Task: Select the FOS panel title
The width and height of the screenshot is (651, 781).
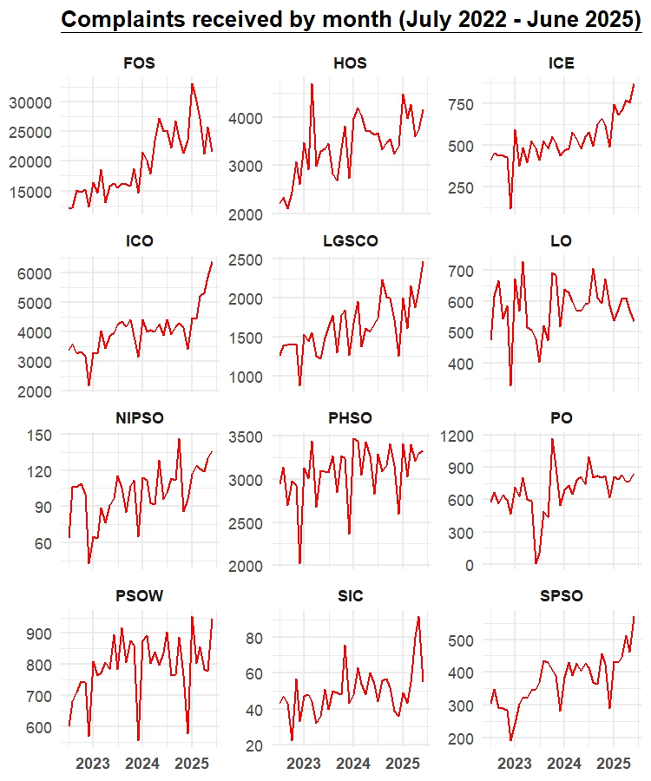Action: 140,63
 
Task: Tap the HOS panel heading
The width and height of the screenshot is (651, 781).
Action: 351,63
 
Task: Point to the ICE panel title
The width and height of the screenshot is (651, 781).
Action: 562,63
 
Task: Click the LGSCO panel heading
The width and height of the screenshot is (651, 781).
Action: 351,241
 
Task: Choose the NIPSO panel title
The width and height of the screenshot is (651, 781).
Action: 140,418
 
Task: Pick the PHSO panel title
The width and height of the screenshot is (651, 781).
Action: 351,418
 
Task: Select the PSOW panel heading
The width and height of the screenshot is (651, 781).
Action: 140,596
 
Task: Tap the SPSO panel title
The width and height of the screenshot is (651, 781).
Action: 562,596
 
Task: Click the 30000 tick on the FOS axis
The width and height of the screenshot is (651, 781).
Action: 31,102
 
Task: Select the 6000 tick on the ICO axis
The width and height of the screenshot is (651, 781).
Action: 36,273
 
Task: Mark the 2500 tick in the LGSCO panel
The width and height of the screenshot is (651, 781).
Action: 247,259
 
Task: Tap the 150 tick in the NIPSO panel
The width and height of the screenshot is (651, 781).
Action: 40,436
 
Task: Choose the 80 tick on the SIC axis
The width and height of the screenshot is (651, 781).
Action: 255,638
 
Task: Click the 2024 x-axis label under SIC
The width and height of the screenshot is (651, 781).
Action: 352,764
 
